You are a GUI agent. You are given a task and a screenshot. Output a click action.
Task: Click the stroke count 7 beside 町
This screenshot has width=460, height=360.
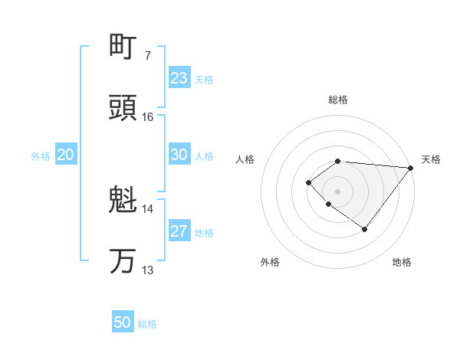[147, 56]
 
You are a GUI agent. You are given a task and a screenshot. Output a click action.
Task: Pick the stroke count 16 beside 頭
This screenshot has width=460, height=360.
[148, 117]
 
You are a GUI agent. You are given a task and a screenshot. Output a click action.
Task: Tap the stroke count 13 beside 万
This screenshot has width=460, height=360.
[148, 270]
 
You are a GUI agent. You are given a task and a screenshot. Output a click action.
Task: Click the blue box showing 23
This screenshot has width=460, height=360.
[179, 78]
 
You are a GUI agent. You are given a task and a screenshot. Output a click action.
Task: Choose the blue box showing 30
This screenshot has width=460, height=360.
[179, 155]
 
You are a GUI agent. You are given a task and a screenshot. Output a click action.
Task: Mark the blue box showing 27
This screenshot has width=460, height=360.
[179, 231]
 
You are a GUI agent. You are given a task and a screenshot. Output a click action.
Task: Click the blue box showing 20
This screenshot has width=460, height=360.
[66, 155]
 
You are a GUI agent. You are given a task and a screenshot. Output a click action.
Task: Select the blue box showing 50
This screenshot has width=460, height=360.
[123, 322]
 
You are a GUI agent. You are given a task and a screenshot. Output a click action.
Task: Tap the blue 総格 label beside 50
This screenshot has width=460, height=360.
[147, 324]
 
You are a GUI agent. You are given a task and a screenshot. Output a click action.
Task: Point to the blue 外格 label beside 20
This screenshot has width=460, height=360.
[41, 156]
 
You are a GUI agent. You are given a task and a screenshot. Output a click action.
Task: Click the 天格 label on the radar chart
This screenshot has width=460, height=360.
[431, 159]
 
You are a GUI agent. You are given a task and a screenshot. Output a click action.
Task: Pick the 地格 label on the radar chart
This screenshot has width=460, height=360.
[402, 263]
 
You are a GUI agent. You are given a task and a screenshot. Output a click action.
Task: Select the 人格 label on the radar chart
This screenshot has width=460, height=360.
[245, 159]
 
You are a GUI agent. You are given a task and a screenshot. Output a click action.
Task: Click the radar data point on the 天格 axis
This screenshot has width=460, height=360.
[411, 168]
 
